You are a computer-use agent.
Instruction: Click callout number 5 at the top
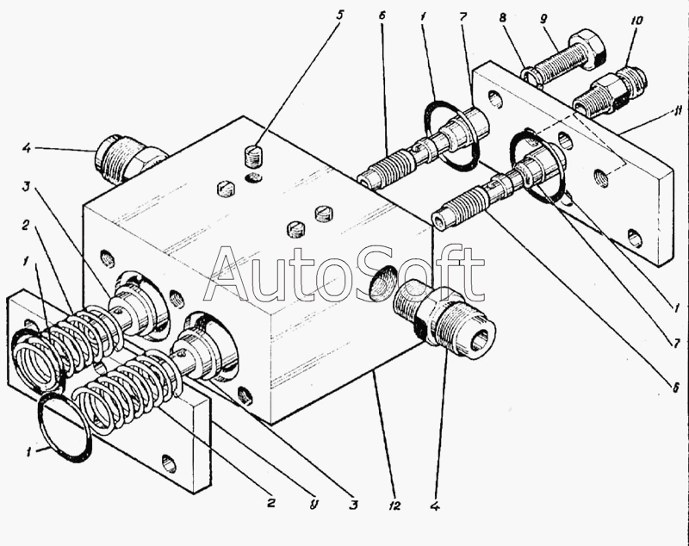tap(339, 15)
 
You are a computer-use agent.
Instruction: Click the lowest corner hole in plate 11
tap(635, 239)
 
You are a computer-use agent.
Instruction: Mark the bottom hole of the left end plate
tap(170, 465)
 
